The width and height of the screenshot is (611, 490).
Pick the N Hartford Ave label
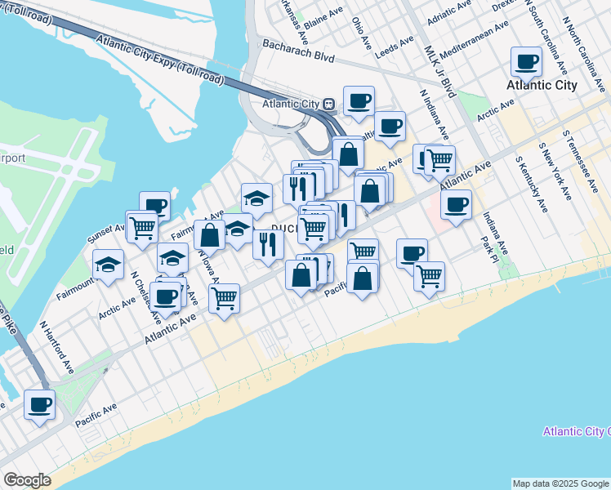click(57, 346)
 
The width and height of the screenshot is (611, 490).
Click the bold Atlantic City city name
click(542, 85)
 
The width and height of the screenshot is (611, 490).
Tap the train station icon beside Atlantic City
click(328, 104)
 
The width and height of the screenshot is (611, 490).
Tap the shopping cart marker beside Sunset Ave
click(142, 226)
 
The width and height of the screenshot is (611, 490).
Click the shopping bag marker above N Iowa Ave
click(210, 235)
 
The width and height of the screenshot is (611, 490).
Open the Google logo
click(27, 480)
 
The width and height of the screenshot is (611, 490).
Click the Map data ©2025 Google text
click(560, 483)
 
